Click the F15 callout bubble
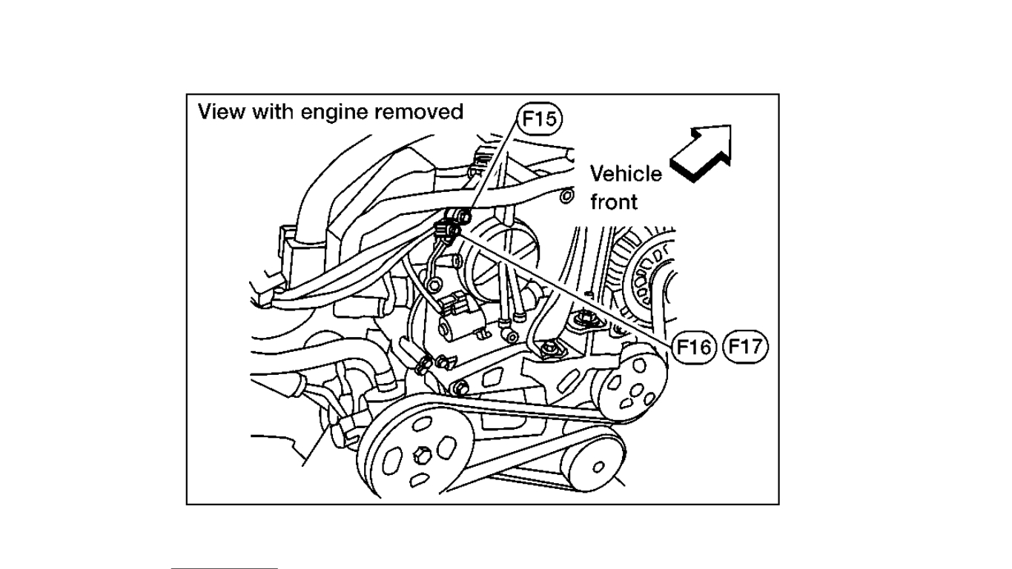[x=539, y=119]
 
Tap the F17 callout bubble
[x=746, y=346]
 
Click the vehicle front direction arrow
[x=700, y=153]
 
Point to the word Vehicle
[x=626, y=174]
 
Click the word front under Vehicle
[x=614, y=201]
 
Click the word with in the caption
[x=275, y=112]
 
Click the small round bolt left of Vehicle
[x=567, y=196]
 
